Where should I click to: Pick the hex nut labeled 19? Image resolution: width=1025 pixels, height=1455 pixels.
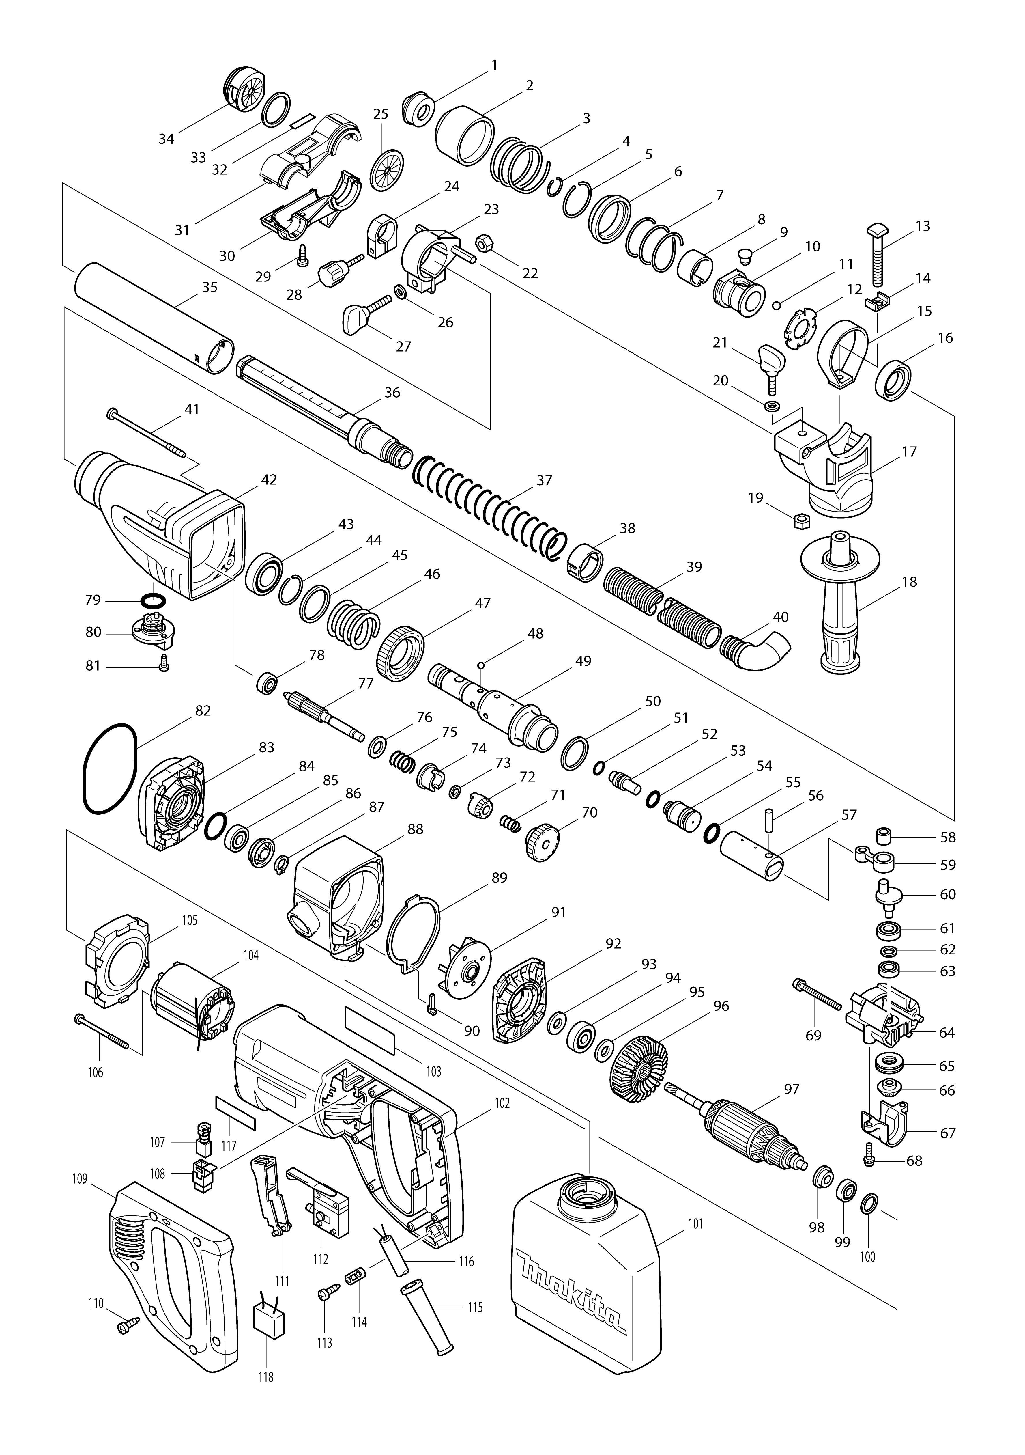click(x=800, y=521)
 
